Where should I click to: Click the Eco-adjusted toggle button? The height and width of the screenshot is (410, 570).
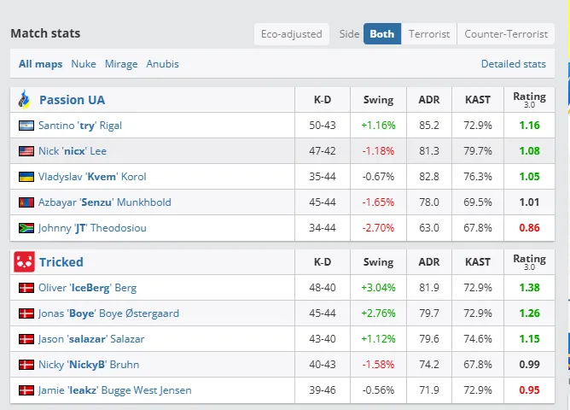(x=291, y=34)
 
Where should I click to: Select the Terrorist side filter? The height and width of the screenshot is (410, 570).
(x=428, y=34)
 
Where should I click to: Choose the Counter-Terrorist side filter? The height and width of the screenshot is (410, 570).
(x=506, y=34)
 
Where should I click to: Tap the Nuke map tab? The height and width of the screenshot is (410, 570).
(x=84, y=64)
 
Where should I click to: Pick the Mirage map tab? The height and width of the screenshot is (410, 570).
(x=121, y=64)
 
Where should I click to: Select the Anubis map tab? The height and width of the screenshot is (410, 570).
(x=162, y=64)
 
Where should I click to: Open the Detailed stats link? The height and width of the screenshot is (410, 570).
(x=513, y=64)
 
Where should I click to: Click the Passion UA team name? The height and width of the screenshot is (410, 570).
(x=72, y=100)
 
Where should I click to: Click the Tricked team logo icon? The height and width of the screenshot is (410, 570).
(x=25, y=262)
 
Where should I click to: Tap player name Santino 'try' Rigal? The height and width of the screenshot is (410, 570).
(x=80, y=126)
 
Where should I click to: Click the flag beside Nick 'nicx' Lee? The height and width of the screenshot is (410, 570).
(x=26, y=151)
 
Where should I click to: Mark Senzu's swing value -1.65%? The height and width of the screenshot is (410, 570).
(x=378, y=202)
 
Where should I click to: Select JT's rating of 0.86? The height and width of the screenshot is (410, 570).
(x=529, y=228)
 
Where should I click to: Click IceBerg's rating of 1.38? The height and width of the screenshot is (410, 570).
(x=529, y=288)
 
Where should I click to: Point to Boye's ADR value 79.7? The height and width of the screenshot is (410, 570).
(x=429, y=313)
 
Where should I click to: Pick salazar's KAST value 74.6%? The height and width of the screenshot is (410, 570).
(x=478, y=339)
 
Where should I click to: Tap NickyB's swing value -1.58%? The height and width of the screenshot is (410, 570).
(x=378, y=365)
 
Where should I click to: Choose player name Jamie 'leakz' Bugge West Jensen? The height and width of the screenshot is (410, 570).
(x=114, y=390)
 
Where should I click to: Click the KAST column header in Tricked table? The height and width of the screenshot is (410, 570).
(x=478, y=262)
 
